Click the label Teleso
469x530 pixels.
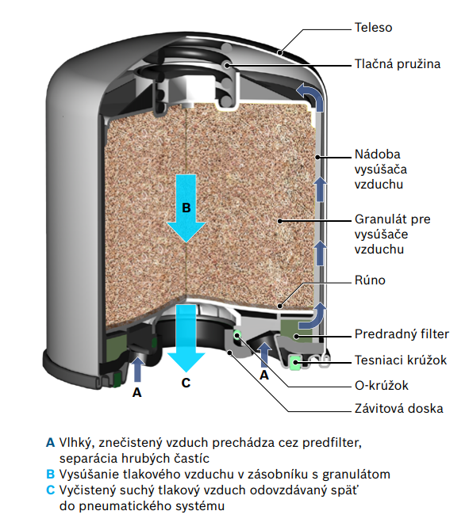pos(373,28)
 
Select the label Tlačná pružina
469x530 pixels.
pos(398,64)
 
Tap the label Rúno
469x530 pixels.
pos(370,280)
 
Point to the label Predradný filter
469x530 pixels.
pos(402,334)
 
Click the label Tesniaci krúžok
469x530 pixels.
pos(401,360)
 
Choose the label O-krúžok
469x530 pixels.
pos(382,385)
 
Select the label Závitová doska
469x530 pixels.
pos(399,408)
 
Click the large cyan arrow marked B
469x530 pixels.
pos(186,208)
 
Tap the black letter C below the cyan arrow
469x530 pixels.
pos(186,383)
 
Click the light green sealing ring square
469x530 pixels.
pos(296,362)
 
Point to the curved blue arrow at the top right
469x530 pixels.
pos(312,97)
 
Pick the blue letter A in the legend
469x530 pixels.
pos(51,442)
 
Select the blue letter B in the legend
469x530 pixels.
pos(51,474)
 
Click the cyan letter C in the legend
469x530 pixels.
pos(51,490)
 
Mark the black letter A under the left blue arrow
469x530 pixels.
pos(136,392)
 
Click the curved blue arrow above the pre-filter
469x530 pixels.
pos(313,316)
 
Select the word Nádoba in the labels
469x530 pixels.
pos(378,154)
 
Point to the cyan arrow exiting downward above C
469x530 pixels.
pos(186,338)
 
